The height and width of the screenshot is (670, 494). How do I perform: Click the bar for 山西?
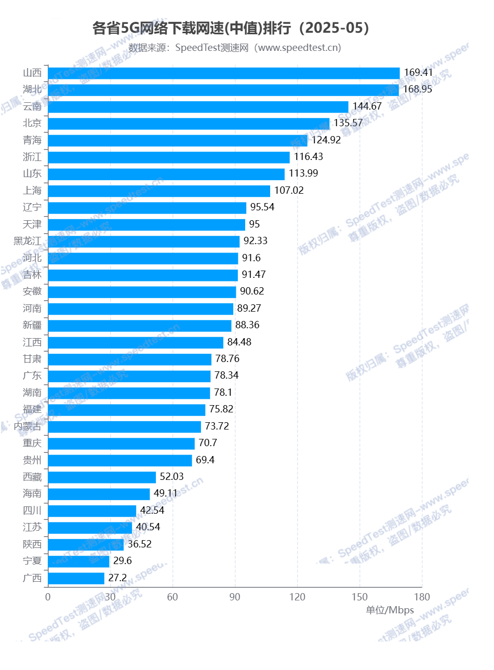pyautogui.click(x=223, y=73)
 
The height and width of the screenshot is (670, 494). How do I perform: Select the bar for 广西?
pyautogui.click(x=76, y=578)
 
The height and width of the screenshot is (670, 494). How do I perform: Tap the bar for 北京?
pyautogui.click(x=189, y=124)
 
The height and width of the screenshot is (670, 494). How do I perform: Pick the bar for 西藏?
pyautogui.click(x=102, y=477)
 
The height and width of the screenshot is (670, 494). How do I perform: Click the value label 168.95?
pyautogui.click(x=418, y=89)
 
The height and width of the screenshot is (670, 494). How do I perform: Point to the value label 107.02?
pyautogui.click(x=289, y=190)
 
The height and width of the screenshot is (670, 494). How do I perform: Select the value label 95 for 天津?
pyautogui.click(x=255, y=224)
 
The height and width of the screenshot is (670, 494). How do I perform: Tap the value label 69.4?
pyautogui.click(x=205, y=460)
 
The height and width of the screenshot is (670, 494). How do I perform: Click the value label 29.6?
pyautogui.click(x=123, y=560)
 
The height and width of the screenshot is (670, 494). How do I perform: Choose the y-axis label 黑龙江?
pyautogui.click(x=28, y=241)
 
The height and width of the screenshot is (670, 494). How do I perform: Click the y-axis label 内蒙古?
pyautogui.click(x=28, y=426)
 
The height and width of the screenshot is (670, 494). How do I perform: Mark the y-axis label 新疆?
pyautogui.click(x=32, y=325)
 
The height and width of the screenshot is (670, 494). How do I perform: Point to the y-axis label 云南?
pyautogui.click(x=32, y=106)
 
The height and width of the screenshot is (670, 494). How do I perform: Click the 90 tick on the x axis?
pyautogui.click(x=235, y=597)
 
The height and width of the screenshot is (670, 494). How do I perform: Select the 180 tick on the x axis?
pyautogui.click(x=422, y=597)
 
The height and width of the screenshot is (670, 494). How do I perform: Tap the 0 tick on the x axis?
pyautogui.click(x=48, y=597)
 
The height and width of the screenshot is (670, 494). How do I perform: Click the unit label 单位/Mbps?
pyautogui.click(x=390, y=610)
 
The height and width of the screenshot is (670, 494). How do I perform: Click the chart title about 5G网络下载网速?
pyautogui.click(x=231, y=28)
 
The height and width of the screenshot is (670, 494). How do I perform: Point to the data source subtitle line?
pyautogui.click(x=235, y=48)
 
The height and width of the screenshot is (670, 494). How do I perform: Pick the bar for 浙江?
pyautogui.click(x=169, y=157)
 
